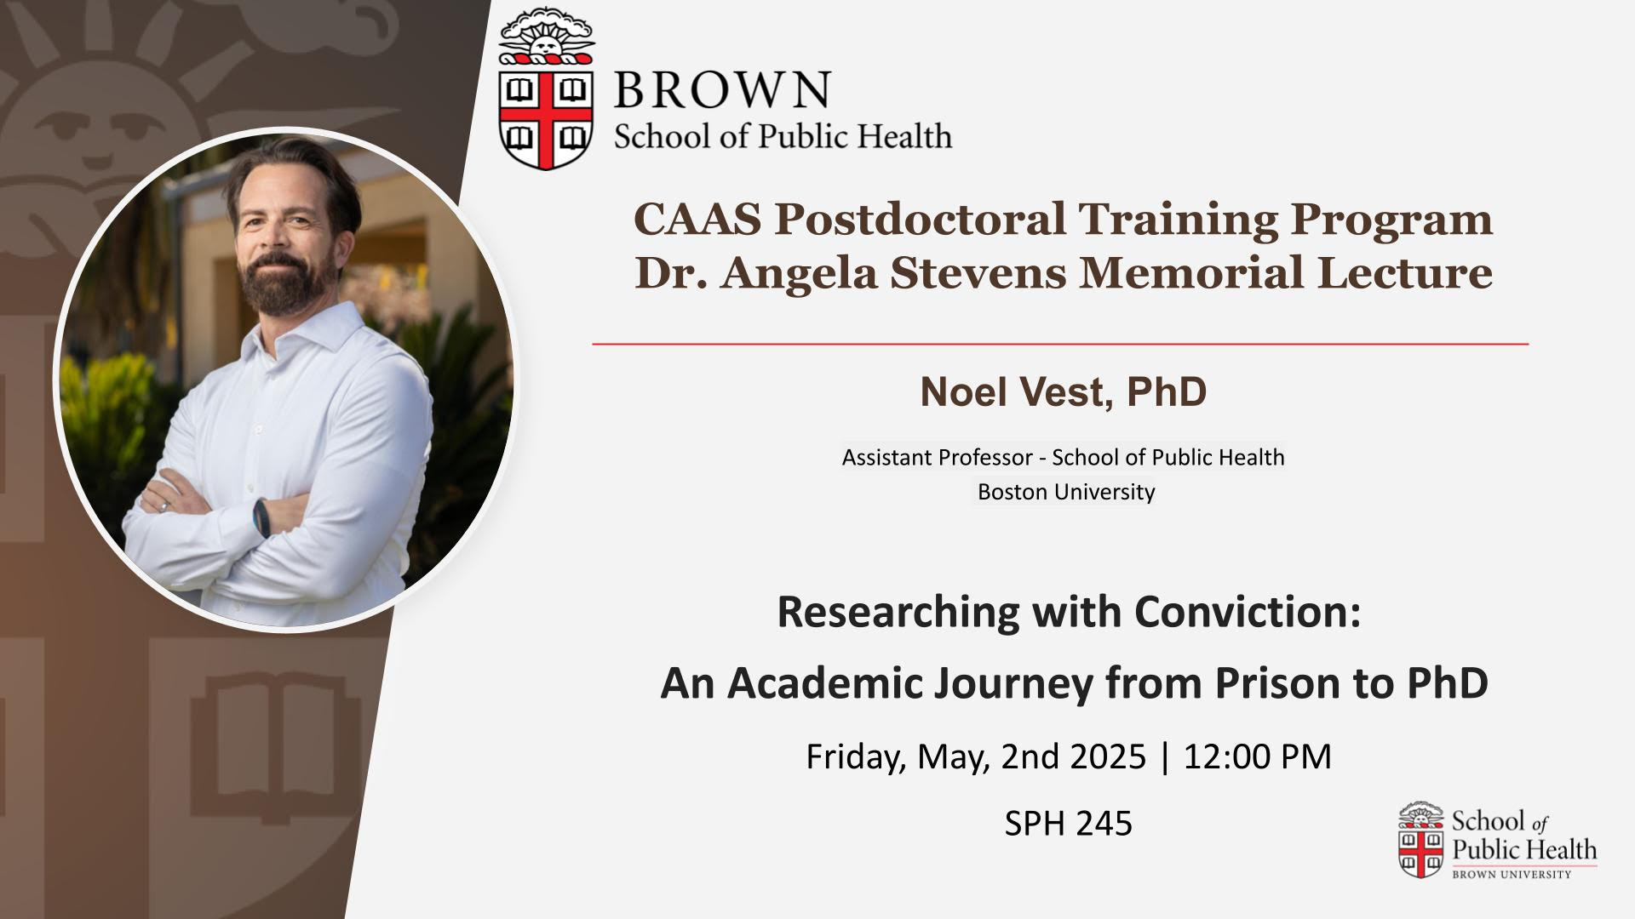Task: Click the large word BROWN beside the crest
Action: point(722,89)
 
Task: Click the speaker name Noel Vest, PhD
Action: point(1064,392)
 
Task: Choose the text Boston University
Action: point(1066,492)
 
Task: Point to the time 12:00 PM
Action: point(1258,756)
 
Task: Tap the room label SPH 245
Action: point(1069,823)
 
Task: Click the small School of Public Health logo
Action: point(1498,840)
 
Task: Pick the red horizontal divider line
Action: point(1060,344)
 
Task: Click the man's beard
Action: point(278,281)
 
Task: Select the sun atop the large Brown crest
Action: point(546,38)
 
